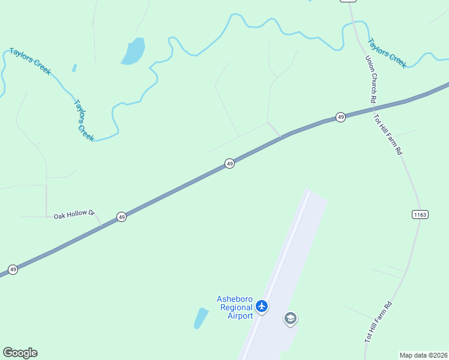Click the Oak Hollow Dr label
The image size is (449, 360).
pos(74,214)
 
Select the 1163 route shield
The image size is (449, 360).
pos(420,214)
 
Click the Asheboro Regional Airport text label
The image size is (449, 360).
pos(235,307)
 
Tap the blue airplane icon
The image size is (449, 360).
pos(261,307)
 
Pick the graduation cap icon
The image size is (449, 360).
pos(291,319)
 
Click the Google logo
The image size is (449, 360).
pos(20,353)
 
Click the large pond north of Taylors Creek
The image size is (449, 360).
pos(134,51)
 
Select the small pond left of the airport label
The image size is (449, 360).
pos(200,318)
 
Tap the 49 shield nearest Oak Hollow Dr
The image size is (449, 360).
pos(121,217)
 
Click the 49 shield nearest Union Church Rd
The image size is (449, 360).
pos(340,117)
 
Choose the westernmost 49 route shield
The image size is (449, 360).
pos(13,269)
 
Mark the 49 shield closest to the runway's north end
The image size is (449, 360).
pos(229,163)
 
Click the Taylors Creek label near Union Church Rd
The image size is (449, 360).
pos(387,53)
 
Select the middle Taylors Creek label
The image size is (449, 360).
pos(84,120)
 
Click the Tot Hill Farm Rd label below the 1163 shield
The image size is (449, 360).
pos(378,322)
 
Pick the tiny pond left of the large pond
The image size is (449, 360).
pos(74,68)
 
